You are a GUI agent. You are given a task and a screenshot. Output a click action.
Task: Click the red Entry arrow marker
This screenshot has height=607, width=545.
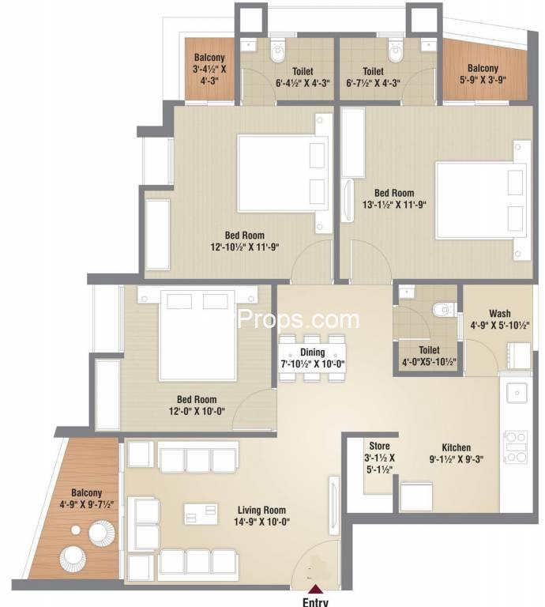(317, 589)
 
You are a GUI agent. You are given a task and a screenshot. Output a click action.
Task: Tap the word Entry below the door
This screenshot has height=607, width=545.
(315, 602)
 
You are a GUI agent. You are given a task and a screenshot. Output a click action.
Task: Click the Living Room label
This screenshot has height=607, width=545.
(261, 511)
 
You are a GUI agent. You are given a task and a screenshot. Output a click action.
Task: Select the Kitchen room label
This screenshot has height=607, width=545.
(457, 447)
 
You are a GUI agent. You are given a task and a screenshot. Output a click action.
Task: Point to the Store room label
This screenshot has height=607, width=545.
(379, 446)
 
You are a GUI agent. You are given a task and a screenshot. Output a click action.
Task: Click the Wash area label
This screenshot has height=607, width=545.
(500, 313)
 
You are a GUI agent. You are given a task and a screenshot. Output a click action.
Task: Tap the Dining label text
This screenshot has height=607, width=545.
(313, 353)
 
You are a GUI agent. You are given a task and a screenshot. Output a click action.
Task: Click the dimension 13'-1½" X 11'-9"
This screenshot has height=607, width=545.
(394, 205)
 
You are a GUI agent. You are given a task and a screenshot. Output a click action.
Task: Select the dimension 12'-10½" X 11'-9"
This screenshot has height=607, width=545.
(244, 247)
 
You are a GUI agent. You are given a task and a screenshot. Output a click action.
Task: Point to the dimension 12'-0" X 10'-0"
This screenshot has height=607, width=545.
(197, 411)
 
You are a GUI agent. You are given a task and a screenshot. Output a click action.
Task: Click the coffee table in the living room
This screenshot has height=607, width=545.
(201, 514)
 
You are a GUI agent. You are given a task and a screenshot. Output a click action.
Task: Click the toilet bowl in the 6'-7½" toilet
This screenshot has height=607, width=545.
(395, 51)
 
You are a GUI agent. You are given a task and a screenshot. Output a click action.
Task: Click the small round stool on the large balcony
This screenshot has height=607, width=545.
(76, 530)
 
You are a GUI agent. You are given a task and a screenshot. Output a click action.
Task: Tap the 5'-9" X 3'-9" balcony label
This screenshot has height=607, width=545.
(483, 74)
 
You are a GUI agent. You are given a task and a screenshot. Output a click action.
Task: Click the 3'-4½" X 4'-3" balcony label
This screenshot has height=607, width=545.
(209, 69)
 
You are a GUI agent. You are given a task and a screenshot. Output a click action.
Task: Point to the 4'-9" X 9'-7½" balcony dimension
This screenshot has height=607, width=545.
(87, 504)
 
